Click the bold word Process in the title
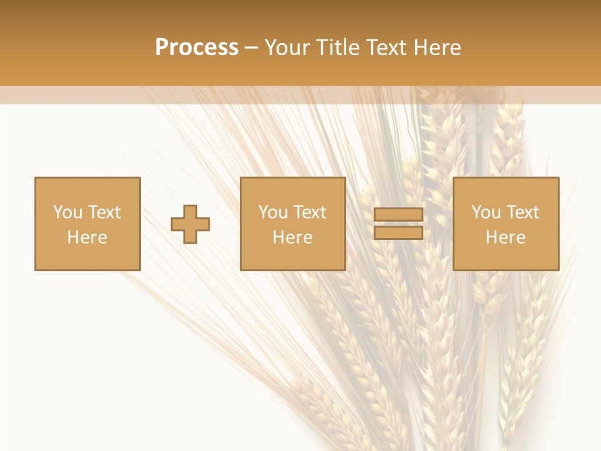tap(197, 47)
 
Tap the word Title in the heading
tap(336, 47)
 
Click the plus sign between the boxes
tap(190, 224)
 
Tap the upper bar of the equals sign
tap(398, 215)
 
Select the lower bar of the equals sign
tap(398, 232)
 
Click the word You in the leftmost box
tap(68, 212)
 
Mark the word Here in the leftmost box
tap(87, 237)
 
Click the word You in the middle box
tap(273, 212)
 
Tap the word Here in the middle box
tap(292, 237)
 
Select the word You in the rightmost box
tap(486, 212)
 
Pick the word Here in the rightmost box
tap(505, 237)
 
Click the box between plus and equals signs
tap(292, 257)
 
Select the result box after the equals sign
tap(505, 257)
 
